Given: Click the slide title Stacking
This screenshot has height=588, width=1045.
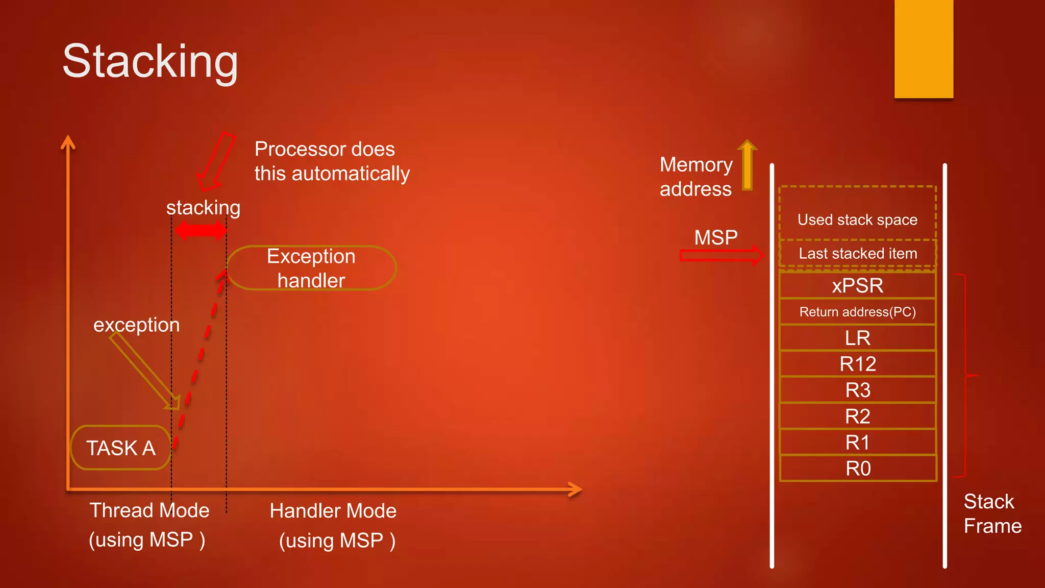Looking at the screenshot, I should (x=150, y=61).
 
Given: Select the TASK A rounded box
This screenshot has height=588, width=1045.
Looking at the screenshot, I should (x=120, y=448).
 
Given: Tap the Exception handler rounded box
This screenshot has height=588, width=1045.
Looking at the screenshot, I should (x=311, y=268).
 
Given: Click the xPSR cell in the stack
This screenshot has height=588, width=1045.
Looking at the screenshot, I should (x=857, y=285).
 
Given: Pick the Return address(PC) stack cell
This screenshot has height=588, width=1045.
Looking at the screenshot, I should (x=857, y=312).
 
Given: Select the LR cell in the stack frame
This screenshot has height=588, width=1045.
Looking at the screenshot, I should (x=857, y=338).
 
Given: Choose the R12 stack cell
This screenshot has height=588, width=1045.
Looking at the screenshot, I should (x=857, y=364).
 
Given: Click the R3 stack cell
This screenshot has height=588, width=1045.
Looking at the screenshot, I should (x=857, y=390).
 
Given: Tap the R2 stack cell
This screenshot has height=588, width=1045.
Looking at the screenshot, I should (x=857, y=416).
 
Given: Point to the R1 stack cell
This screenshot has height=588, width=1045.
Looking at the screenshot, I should (x=857, y=443).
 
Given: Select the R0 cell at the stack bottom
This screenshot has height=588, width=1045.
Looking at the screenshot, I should (x=857, y=469).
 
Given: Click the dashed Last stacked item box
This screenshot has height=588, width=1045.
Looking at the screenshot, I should (x=857, y=253).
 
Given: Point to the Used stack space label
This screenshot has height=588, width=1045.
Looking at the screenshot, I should (x=857, y=219).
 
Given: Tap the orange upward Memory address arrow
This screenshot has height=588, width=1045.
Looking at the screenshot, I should (x=748, y=165).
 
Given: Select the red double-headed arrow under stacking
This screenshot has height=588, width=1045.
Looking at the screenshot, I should (x=201, y=231).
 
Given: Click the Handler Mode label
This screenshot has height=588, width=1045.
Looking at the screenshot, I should (x=333, y=511).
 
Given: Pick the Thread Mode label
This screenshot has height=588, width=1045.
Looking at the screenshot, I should (x=150, y=510).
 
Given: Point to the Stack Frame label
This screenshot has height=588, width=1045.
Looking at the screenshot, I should (x=992, y=513).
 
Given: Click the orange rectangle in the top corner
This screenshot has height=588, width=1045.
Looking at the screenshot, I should (x=924, y=48).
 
